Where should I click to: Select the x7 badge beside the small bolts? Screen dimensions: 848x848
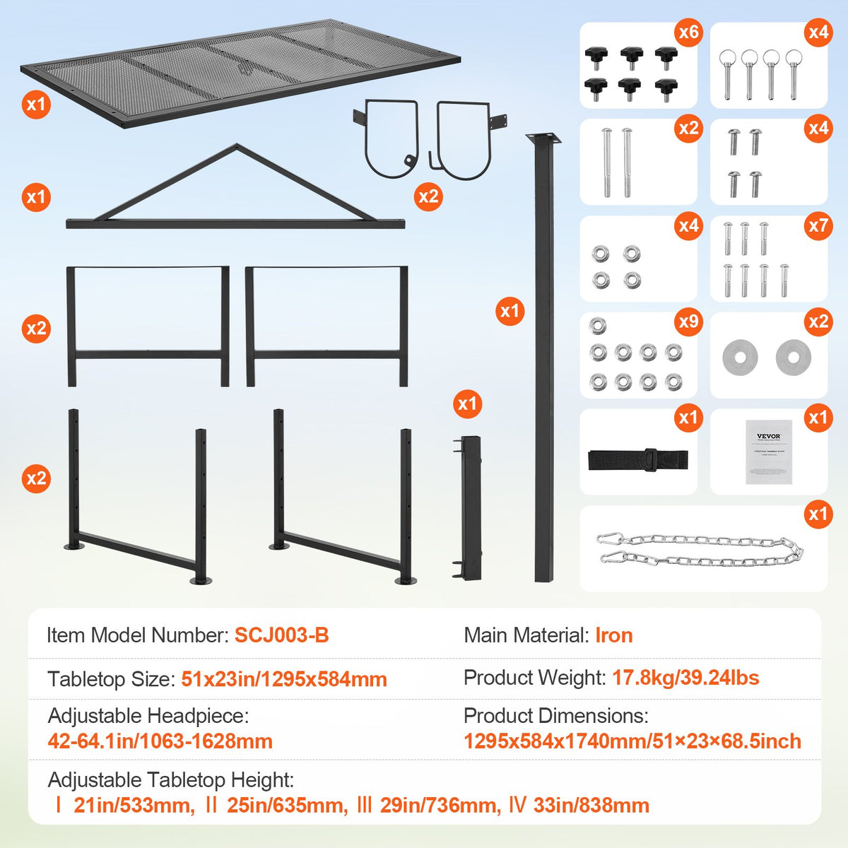818,225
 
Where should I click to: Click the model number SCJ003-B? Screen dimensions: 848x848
281,635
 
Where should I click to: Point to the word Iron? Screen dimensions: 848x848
613,635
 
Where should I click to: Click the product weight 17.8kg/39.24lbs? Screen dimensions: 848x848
685,678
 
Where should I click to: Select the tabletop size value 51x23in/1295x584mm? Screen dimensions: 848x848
284,679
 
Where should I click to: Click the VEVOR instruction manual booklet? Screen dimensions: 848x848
769,452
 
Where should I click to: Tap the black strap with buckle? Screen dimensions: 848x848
637,459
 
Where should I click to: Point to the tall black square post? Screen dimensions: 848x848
543,353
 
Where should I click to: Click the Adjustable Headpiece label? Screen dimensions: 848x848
148,716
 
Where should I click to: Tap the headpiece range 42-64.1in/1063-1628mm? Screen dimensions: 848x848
160,741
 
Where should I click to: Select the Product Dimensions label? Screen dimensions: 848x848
555,716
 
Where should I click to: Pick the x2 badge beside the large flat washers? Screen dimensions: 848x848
818,322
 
